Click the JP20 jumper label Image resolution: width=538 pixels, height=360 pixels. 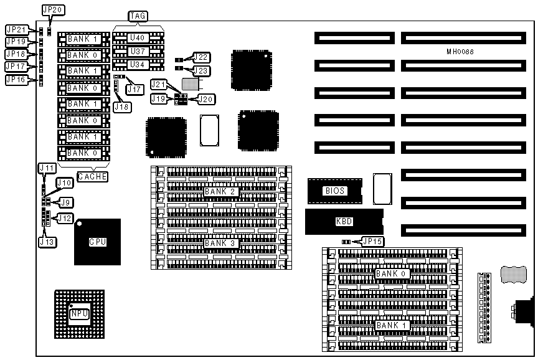49,11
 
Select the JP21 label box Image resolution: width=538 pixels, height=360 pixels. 16,30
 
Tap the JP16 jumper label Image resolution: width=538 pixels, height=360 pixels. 16,80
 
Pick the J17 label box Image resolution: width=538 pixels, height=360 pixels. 134,89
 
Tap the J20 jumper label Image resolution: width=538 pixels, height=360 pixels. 205,98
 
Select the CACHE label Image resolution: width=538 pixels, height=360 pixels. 92,177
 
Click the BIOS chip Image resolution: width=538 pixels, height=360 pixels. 334,191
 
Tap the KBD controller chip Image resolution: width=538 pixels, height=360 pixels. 344,222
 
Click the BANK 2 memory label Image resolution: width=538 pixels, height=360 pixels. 220,191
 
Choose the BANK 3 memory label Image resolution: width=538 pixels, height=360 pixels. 220,243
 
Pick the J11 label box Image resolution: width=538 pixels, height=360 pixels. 47,168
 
